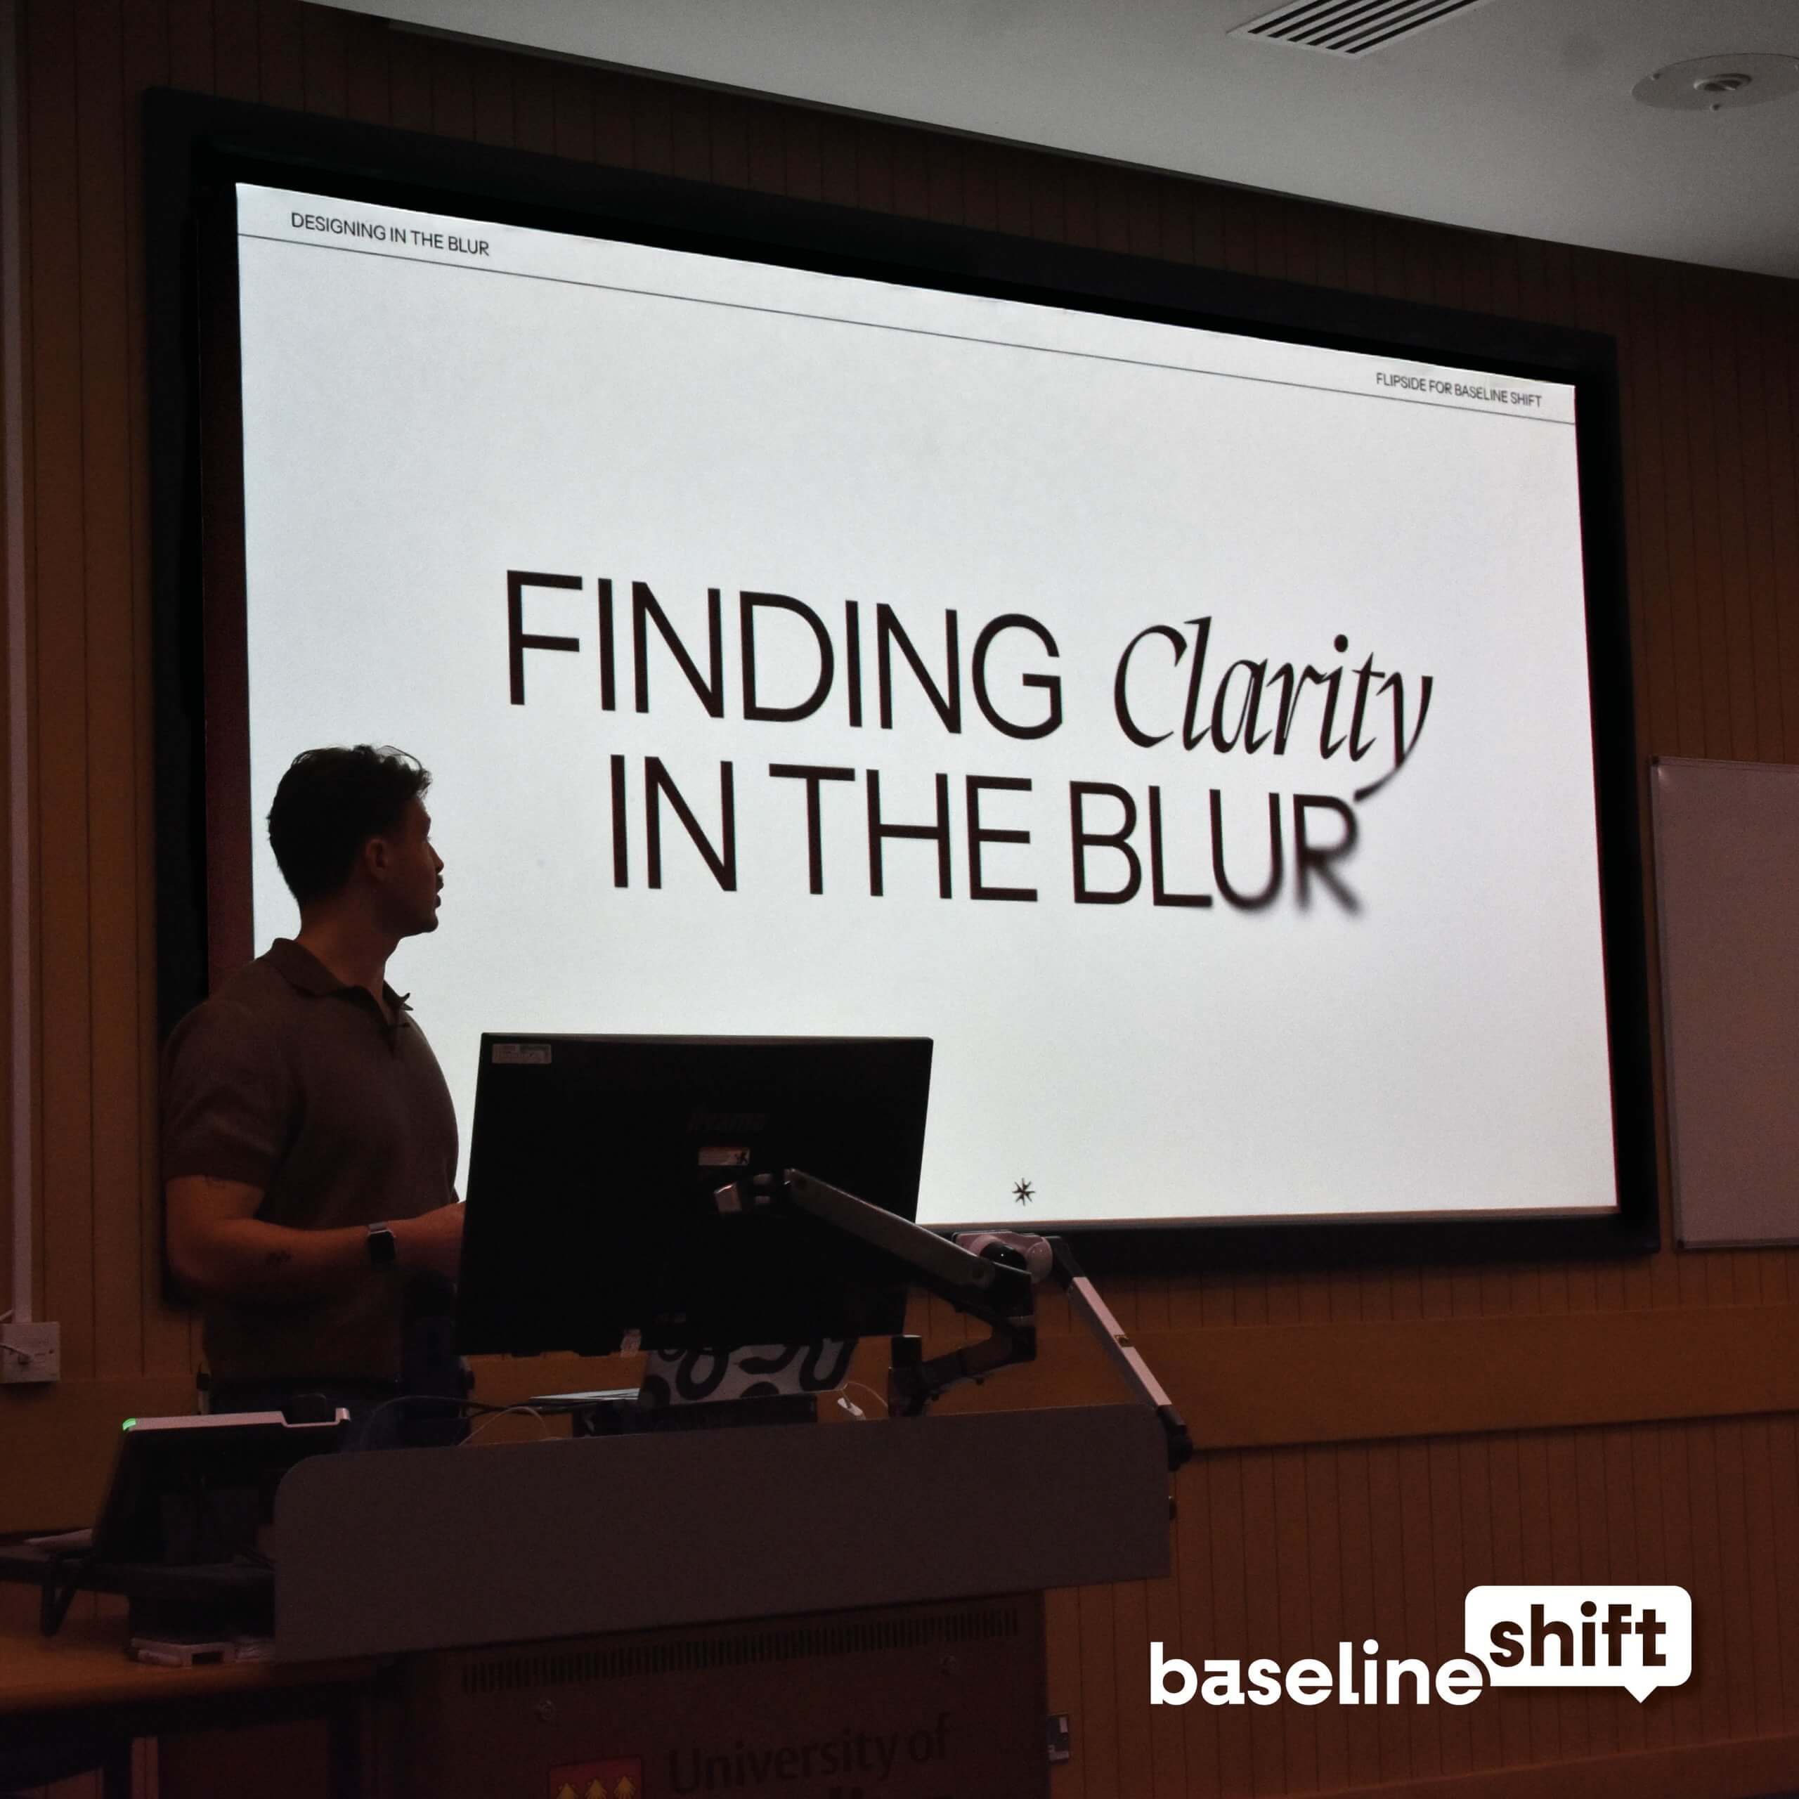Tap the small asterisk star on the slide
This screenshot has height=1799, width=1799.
pyautogui.click(x=1023, y=1191)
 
